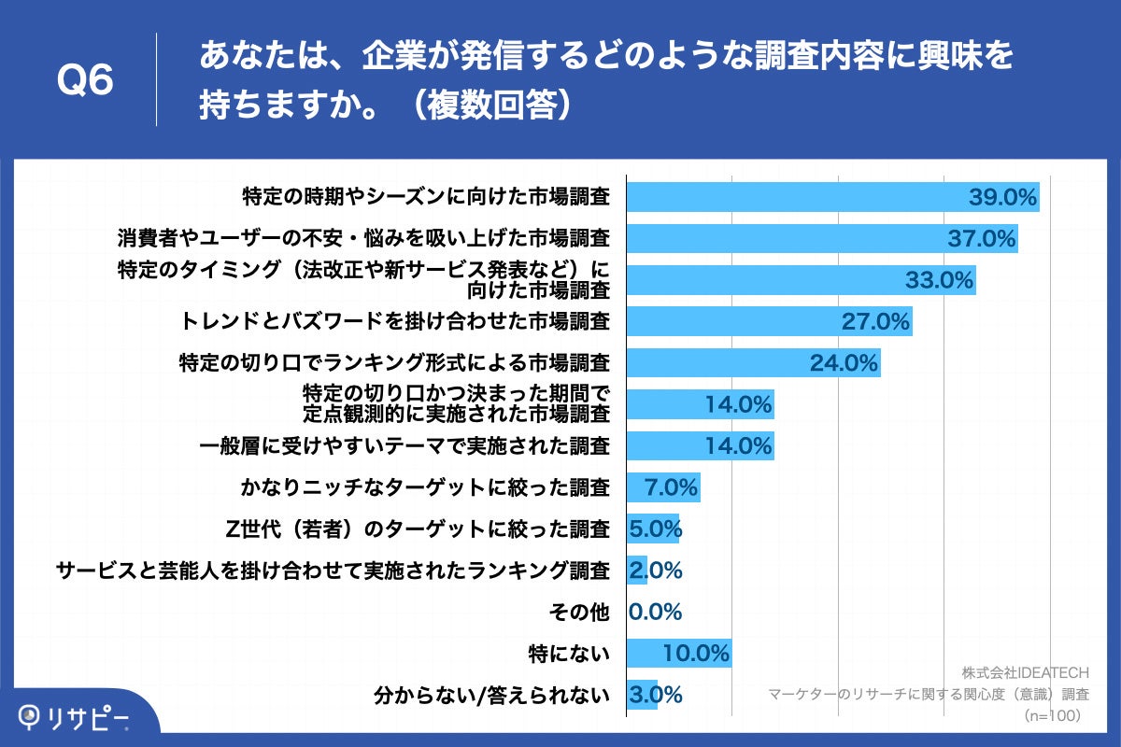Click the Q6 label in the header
(x=85, y=81)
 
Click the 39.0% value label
(x=1002, y=197)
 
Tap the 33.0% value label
(x=939, y=280)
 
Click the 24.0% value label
(x=844, y=363)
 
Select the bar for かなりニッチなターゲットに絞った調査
(x=662, y=486)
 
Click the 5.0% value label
(x=655, y=529)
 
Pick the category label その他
(x=578, y=613)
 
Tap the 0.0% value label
(x=655, y=613)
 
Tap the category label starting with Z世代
(x=413, y=529)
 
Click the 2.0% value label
(x=655, y=571)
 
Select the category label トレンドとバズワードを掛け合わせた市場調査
(x=393, y=322)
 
